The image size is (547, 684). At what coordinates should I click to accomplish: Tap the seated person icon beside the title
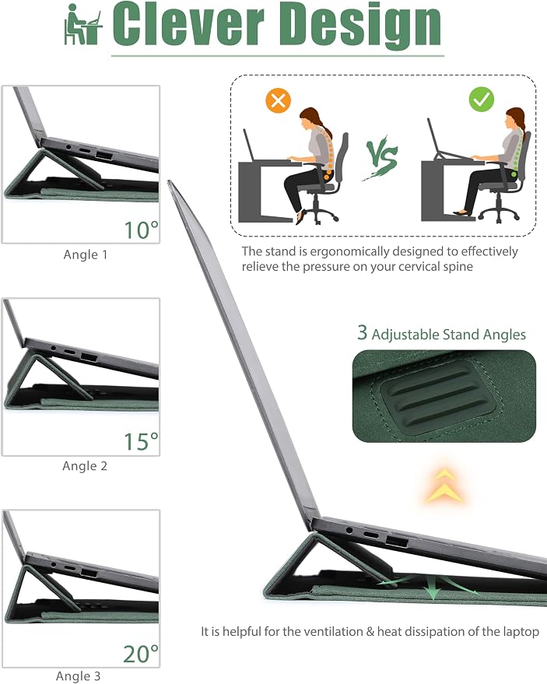coord(83,24)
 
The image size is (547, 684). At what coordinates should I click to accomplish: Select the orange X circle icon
coord(278,101)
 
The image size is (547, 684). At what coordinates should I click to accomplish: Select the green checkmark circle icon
coord(482,100)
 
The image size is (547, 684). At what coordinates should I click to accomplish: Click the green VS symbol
coord(380,158)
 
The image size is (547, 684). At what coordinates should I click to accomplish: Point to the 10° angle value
coord(142,230)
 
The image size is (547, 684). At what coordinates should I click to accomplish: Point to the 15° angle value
coord(142,441)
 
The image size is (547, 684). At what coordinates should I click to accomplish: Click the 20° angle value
coord(141,654)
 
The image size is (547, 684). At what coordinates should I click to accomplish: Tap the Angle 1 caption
coord(86,254)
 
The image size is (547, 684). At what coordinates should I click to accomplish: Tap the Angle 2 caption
coord(85,466)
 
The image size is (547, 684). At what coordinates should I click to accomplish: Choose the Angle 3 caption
coord(78,676)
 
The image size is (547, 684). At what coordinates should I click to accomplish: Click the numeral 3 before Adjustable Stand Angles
coord(362,333)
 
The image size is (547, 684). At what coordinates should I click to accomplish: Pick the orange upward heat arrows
coord(444,485)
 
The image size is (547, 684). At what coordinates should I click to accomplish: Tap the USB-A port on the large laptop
coord(397,542)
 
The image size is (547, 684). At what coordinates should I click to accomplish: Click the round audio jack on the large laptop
coord(349,531)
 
